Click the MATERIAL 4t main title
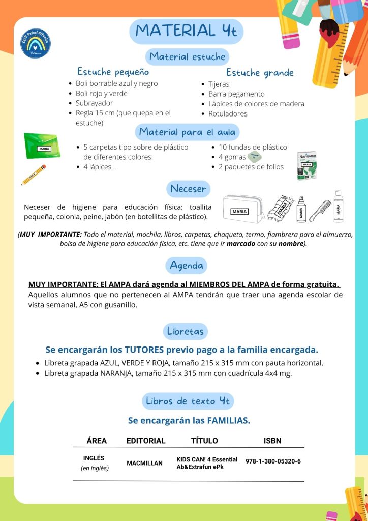pyautogui.click(x=186, y=31)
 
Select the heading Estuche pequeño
pyautogui.click(x=113, y=72)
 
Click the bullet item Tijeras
pyautogui.click(x=219, y=84)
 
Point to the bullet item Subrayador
pyautogui.click(x=94, y=103)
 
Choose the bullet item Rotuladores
pyautogui.click(x=228, y=113)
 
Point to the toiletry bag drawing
pyautogui.click(x=243, y=209)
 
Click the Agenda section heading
pyautogui.click(x=187, y=266)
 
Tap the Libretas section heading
pyautogui.click(x=186, y=331)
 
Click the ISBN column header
pyautogui.click(x=272, y=441)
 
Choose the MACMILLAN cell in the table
pyautogui.click(x=144, y=463)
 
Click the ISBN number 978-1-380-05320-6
pyautogui.click(x=273, y=461)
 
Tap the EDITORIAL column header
pyautogui.click(x=146, y=441)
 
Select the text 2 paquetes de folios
pyautogui.click(x=251, y=167)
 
